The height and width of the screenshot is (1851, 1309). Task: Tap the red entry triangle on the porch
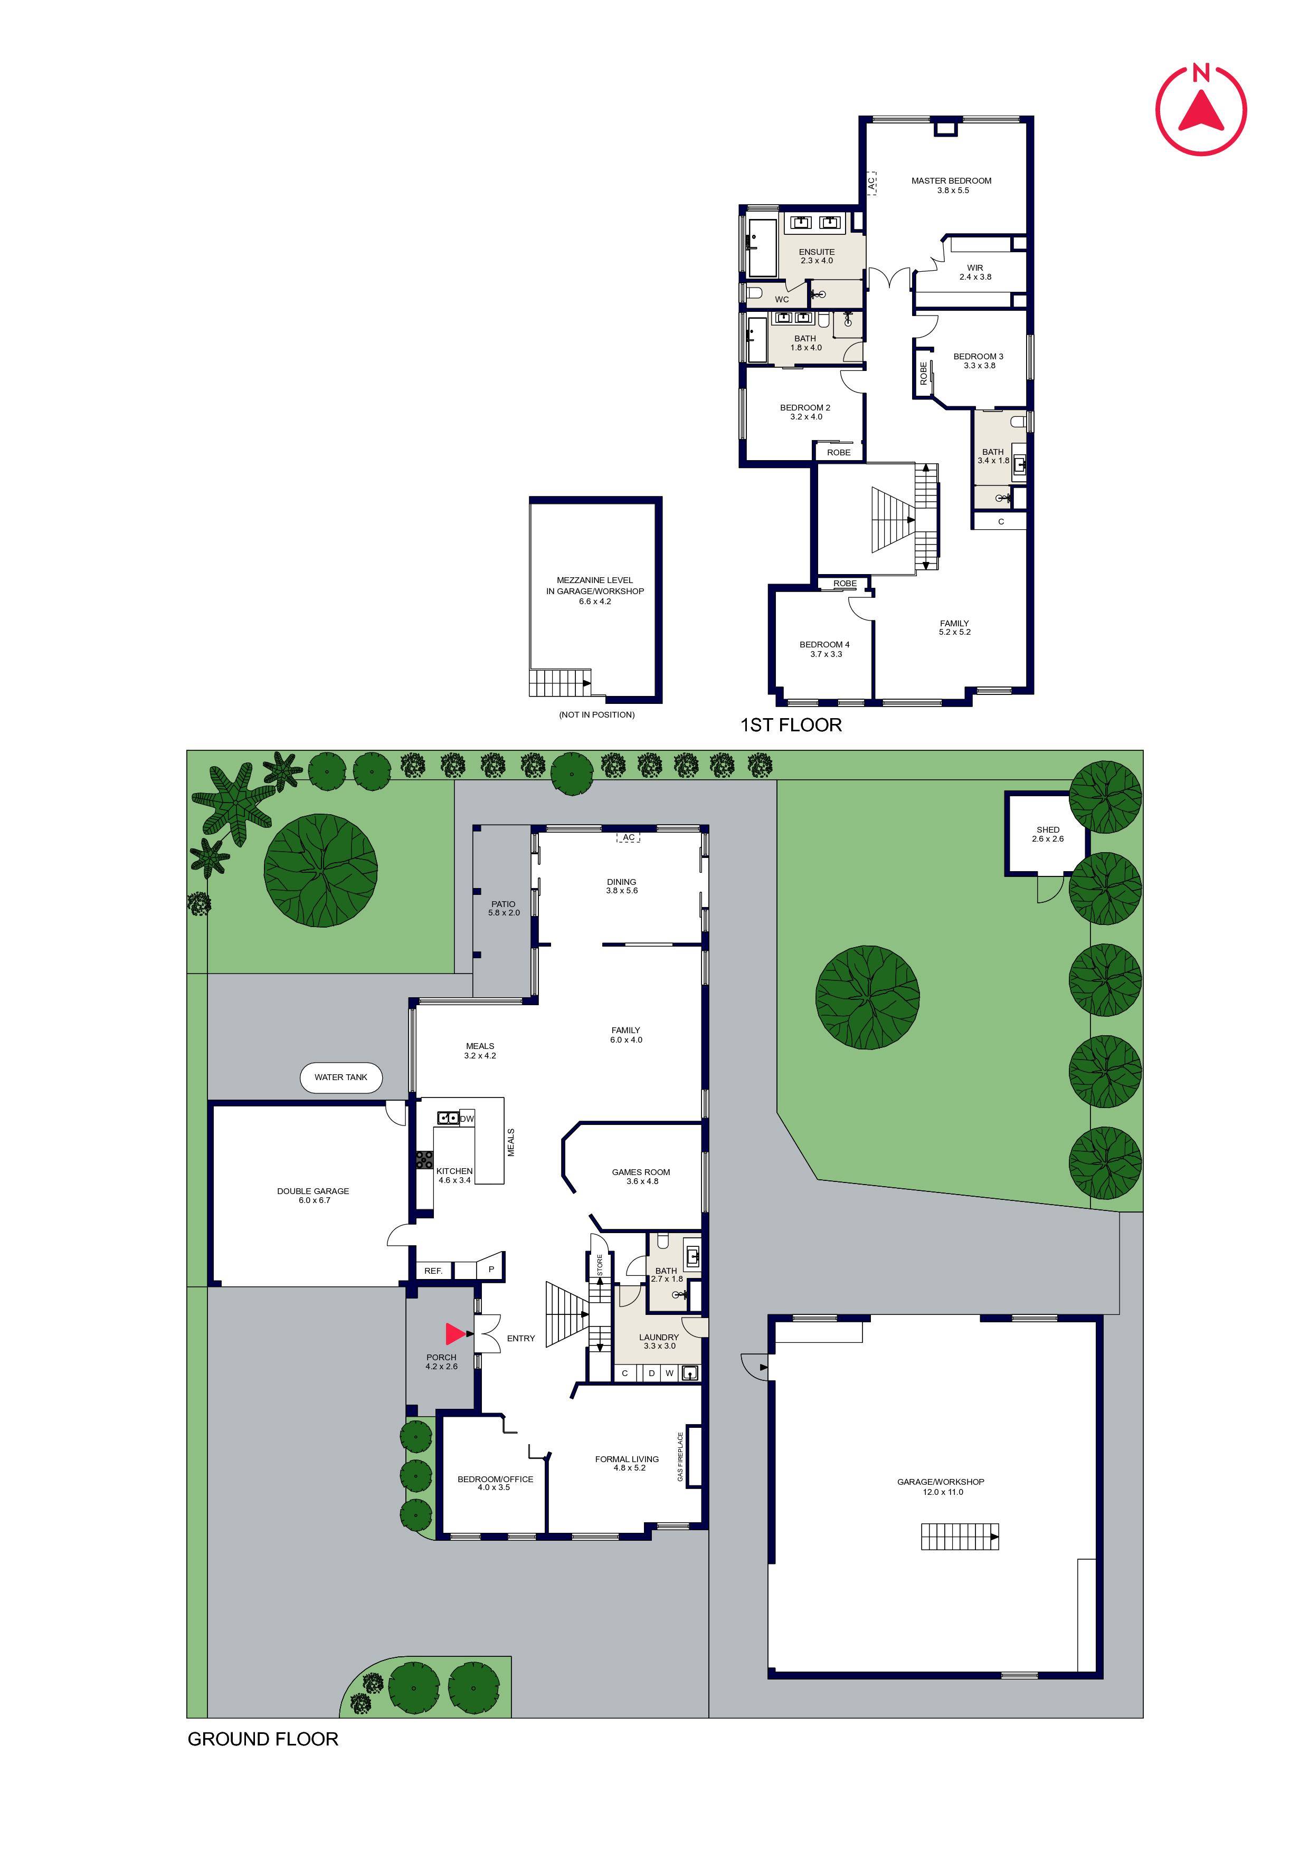[455, 1334]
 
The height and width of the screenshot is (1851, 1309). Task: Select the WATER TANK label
[340, 1077]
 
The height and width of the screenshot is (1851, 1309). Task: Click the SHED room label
[1048, 829]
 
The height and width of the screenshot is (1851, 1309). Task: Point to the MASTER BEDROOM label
[951, 180]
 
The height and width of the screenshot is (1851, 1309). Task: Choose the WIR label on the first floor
[975, 268]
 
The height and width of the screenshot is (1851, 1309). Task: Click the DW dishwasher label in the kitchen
[467, 1118]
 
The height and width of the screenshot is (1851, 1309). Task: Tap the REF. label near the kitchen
[433, 1271]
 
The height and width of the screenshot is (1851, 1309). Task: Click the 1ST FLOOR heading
[790, 725]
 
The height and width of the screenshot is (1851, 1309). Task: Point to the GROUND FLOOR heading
[263, 1739]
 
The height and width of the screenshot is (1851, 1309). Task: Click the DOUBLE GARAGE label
[313, 1191]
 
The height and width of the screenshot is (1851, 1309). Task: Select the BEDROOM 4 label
[824, 644]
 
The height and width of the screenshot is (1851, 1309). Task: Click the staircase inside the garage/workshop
[960, 1537]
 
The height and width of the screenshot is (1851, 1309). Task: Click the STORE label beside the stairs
[599, 1265]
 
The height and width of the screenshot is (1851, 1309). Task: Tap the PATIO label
[503, 904]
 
